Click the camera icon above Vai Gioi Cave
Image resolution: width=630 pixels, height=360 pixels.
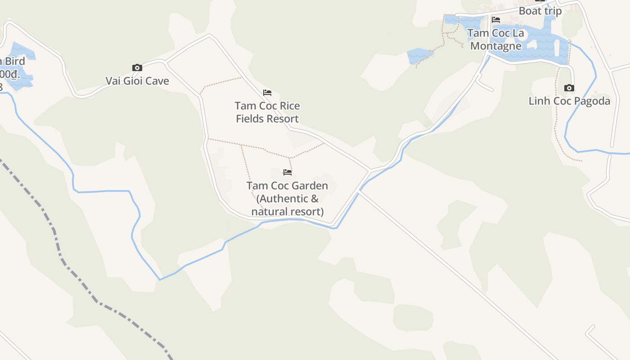pyautogui.click(x=137, y=68)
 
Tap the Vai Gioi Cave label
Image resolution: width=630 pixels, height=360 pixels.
pyautogui.click(x=137, y=81)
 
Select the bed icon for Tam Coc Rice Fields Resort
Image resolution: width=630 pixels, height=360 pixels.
pyautogui.click(x=267, y=93)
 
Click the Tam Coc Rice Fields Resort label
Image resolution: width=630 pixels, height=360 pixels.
pyautogui.click(x=267, y=112)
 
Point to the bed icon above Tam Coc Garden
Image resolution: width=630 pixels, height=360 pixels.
pyautogui.click(x=288, y=172)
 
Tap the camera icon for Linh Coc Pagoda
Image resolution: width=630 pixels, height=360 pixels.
pyautogui.click(x=569, y=88)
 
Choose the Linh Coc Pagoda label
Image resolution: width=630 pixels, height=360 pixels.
pyautogui.click(x=569, y=101)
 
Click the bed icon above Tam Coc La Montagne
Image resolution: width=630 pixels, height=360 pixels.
pyautogui.click(x=496, y=20)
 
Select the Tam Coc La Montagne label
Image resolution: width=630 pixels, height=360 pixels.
pyautogui.click(x=495, y=40)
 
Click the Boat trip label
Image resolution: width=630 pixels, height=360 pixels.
pyautogui.click(x=540, y=11)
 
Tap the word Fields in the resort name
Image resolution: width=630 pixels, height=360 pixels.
pyautogui.click(x=252, y=119)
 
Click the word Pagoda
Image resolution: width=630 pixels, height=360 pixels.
pyautogui.click(x=592, y=101)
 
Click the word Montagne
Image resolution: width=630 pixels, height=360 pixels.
pyautogui.click(x=495, y=46)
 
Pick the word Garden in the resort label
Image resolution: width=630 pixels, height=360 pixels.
pyautogui.click(x=310, y=185)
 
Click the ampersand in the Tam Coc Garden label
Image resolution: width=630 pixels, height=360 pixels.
pyautogui.click(x=314, y=198)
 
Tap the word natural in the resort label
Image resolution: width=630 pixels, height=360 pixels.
pyautogui.click(x=268, y=211)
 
